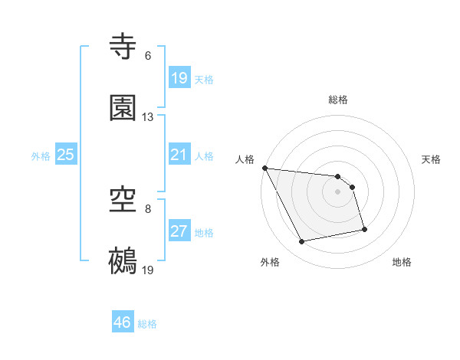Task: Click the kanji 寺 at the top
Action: (123, 47)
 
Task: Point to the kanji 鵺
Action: (123, 260)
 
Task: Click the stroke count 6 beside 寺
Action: (148, 56)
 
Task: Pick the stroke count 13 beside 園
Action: (148, 117)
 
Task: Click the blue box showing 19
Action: (179, 78)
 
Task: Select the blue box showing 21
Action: (179, 155)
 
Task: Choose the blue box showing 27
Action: (179, 231)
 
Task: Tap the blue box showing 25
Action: (65, 155)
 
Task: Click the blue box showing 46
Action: (122, 322)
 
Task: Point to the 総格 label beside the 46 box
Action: (148, 324)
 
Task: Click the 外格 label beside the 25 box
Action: (41, 155)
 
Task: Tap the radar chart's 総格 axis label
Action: (338, 100)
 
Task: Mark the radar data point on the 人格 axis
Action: (264, 168)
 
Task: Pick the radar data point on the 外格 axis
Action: (302, 242)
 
